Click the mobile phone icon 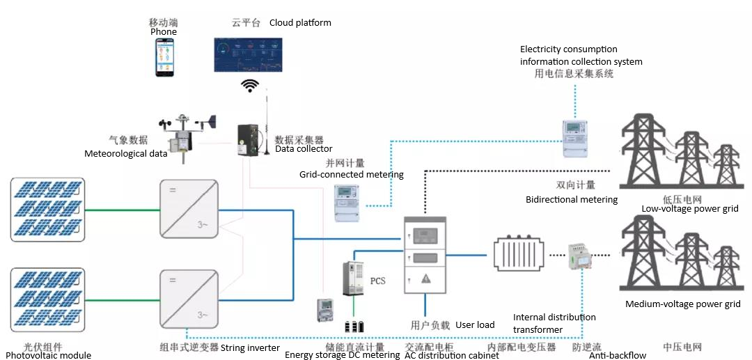click(164, 57)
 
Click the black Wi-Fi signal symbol click(250, 85)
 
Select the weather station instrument click(185, 136)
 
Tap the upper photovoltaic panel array click(48, 209)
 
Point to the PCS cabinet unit click(354, 279)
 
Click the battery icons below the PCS click(354, 326)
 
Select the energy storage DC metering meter click(325, 311)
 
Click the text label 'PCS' click(377, 281)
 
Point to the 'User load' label click(475, 325)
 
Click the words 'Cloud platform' click(300, 22)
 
